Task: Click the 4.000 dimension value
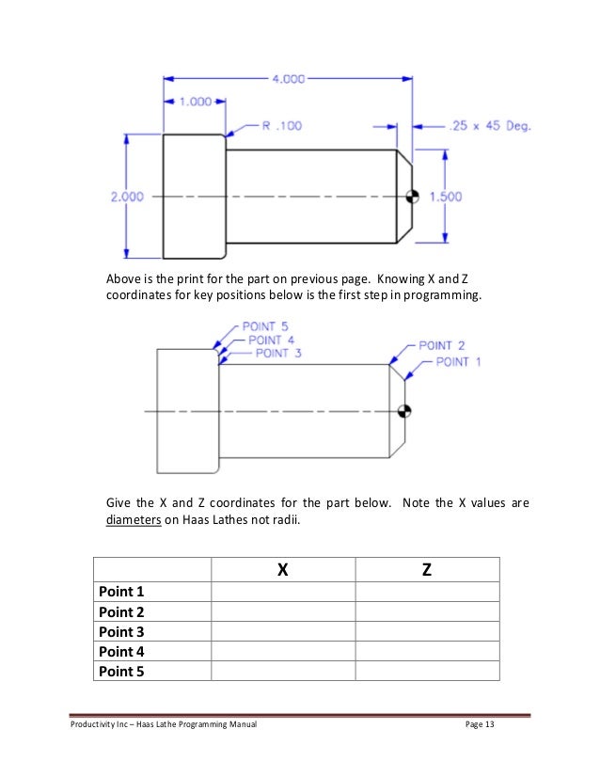point(288,80)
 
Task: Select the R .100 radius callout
point(282,124)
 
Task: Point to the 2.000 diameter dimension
point(127,197)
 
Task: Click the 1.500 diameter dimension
point(445,197)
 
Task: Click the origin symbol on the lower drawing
point(404,410)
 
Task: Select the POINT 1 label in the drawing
point(459,361)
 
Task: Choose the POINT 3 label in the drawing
point(278,353)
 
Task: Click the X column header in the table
point(283,569)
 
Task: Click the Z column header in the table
point(427,569)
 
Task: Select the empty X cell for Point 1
point(283,592)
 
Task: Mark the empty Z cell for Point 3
point(427,631)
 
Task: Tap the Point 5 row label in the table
point(121,670)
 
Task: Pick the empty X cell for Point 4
point(283,651)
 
